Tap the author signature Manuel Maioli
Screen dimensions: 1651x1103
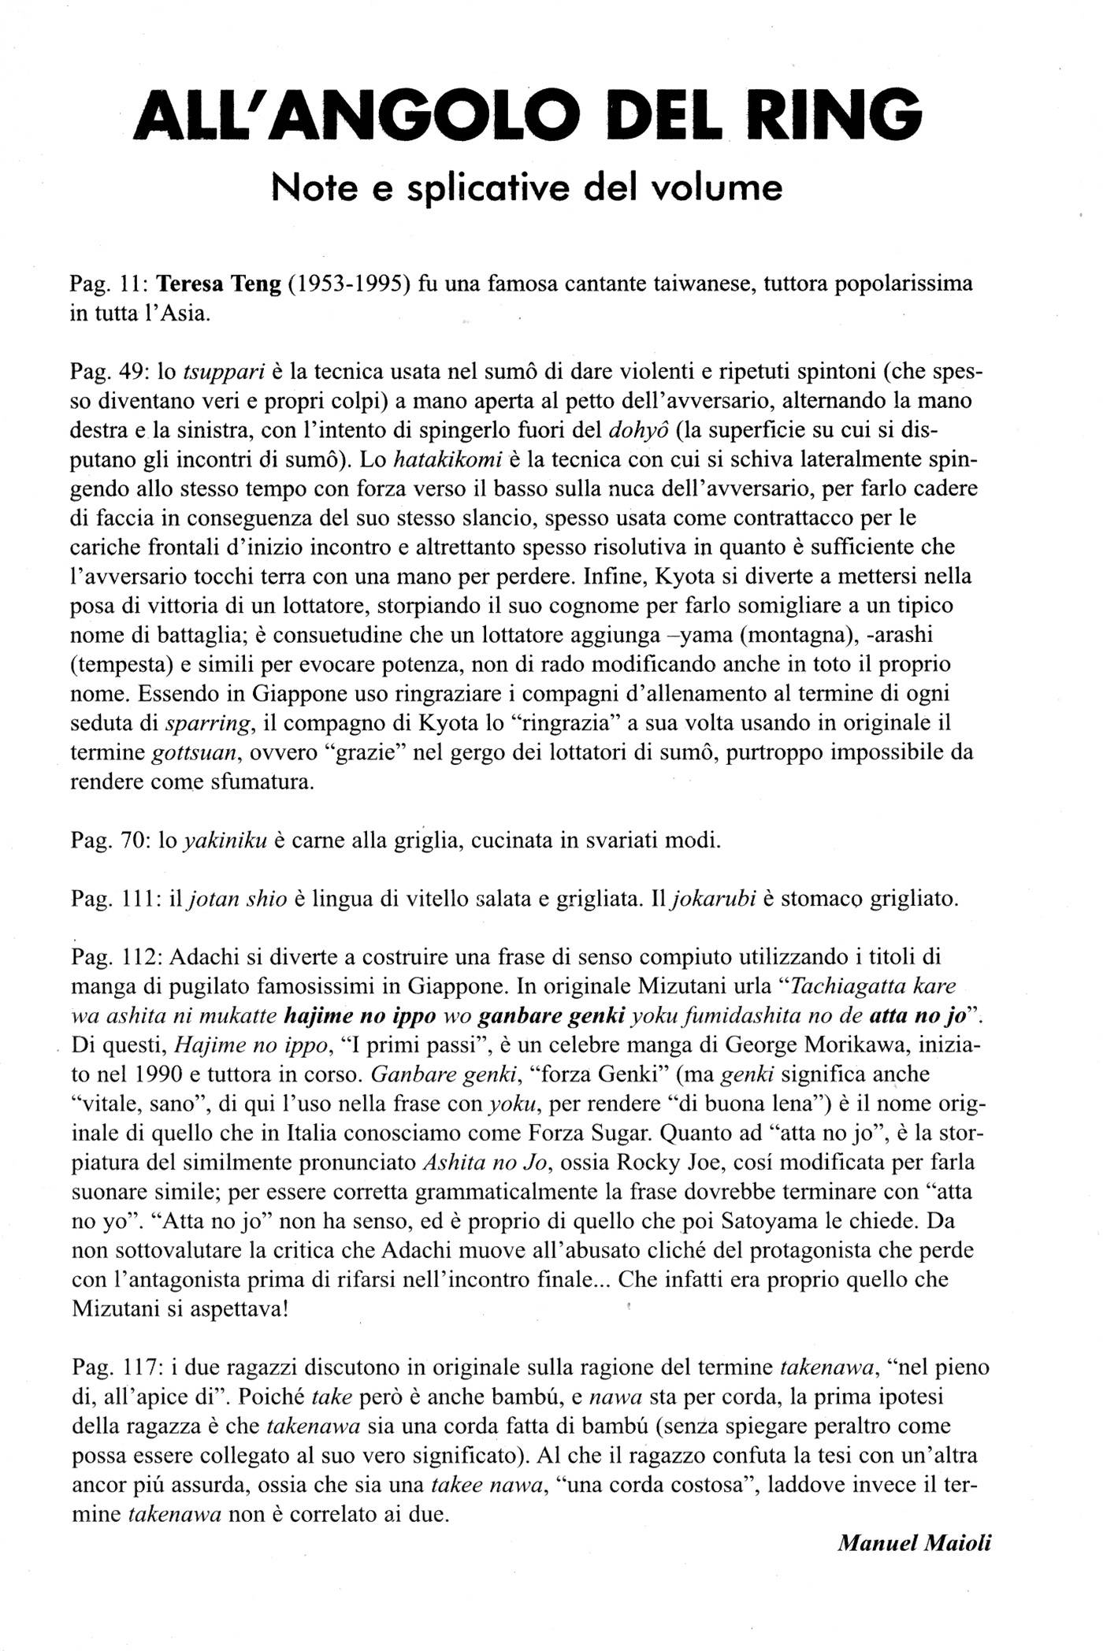(914, 1542)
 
